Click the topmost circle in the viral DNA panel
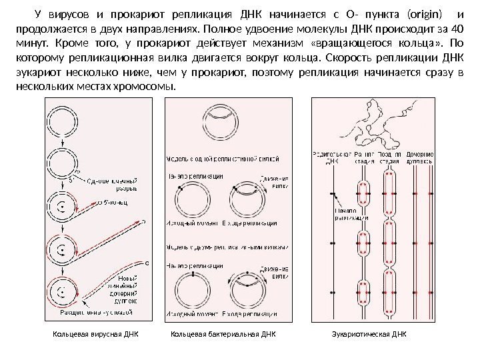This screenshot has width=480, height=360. (x=62, y=121)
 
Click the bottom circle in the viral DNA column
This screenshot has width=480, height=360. (x=62, y=291)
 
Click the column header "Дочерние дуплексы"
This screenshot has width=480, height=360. (x=419, y=157)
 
